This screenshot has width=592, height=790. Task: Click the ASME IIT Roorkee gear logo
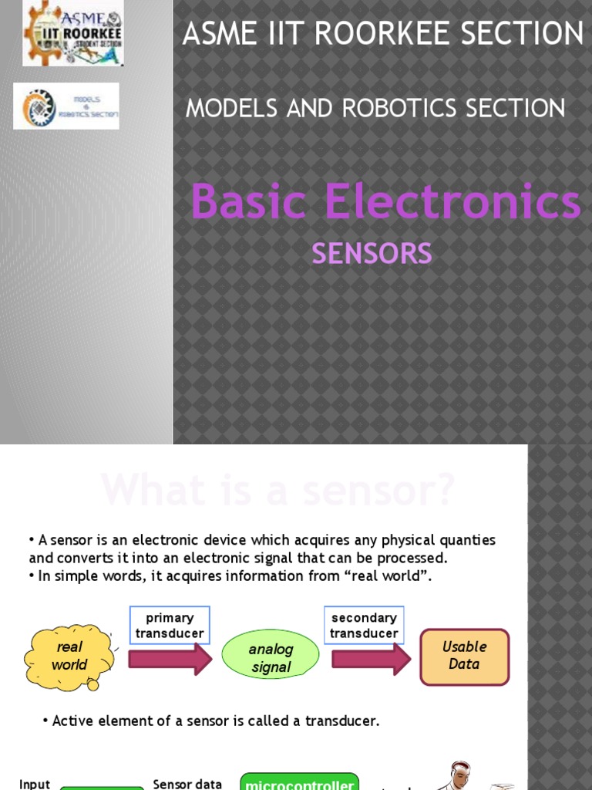pos(72,34)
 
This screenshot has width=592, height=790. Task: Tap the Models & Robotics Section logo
pos(66,106)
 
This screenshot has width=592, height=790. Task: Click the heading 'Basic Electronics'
pos(385,201)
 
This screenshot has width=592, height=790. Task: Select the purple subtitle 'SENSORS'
pos(372,253)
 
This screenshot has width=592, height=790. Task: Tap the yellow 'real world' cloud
pos(69,657)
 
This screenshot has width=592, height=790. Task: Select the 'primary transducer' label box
pos(170,626)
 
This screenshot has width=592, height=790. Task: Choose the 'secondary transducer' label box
pos(364,626)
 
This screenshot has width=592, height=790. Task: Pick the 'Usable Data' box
pos(464,656)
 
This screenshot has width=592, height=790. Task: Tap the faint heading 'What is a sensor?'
pos(277,490)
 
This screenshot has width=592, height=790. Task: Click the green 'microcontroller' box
pos(300,782)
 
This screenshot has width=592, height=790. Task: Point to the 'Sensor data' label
pos(187,784)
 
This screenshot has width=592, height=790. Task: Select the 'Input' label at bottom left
pos(35,784)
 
